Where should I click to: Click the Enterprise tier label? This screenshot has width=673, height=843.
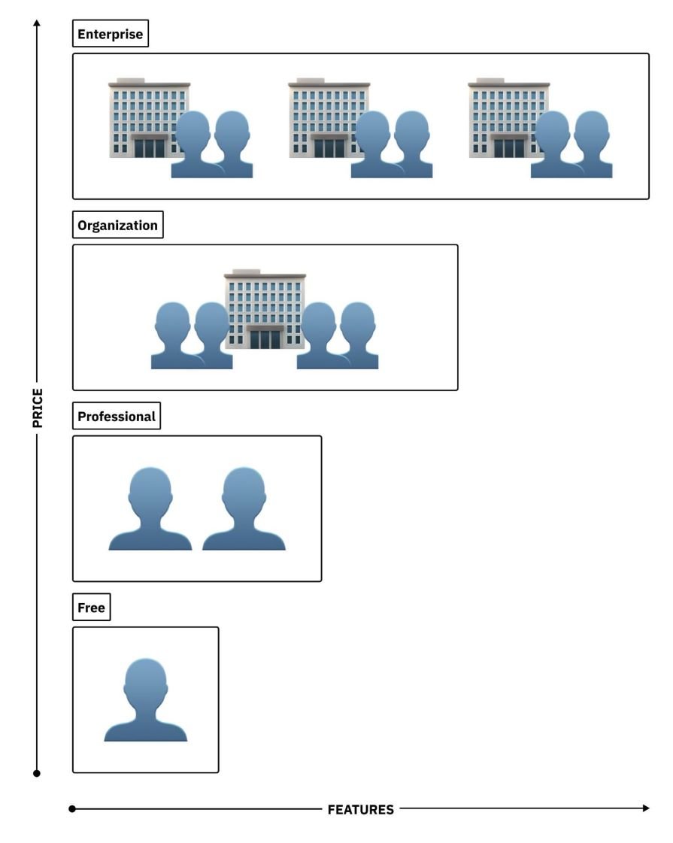tap(111, 35)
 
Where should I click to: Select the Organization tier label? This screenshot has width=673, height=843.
tap(117, 226)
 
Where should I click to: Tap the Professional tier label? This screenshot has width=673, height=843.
tap(117, 417)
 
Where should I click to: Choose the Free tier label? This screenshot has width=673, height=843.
tap(91, 608)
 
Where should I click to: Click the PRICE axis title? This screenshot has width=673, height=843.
tap(38, 408)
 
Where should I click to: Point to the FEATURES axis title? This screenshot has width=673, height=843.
tap(360, 810)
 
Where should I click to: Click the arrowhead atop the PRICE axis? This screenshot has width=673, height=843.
tap(37, 23)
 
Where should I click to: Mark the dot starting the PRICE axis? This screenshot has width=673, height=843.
tap(37, 773)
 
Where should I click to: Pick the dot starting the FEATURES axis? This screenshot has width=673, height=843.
tap(72, 809)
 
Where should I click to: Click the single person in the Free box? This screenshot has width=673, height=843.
tap(145, 701)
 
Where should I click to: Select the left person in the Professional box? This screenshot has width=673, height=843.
tap(150, 509)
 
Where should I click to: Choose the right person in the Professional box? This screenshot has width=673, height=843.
tap(244, 509)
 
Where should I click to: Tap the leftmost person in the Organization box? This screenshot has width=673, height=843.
tap(173, 336)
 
